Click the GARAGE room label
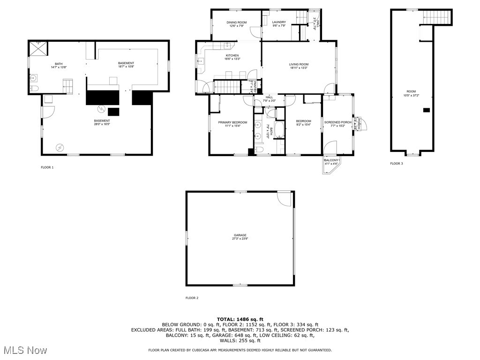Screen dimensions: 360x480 (x=240, y=235)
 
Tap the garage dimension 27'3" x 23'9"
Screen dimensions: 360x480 (x=240, y=239)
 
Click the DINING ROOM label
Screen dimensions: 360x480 (x=236, y=22)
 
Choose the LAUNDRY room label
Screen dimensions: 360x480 (x=279, y=22)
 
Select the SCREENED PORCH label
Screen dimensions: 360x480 (x=337, y=122)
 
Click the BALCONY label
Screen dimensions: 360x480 (x=331, y=160)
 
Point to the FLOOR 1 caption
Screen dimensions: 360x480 (x=47, y=167)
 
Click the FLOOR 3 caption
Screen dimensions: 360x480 (x=396, y=164)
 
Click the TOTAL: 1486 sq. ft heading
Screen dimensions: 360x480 (x=240, y=319)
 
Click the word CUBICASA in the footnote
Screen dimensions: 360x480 (x=204, y=350)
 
